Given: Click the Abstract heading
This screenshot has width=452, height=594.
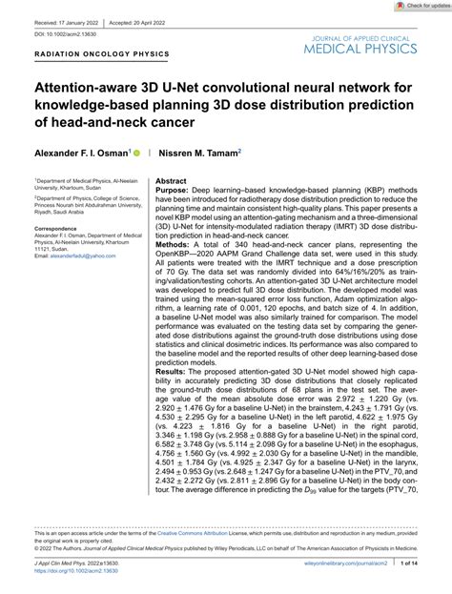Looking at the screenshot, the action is [171, 180].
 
